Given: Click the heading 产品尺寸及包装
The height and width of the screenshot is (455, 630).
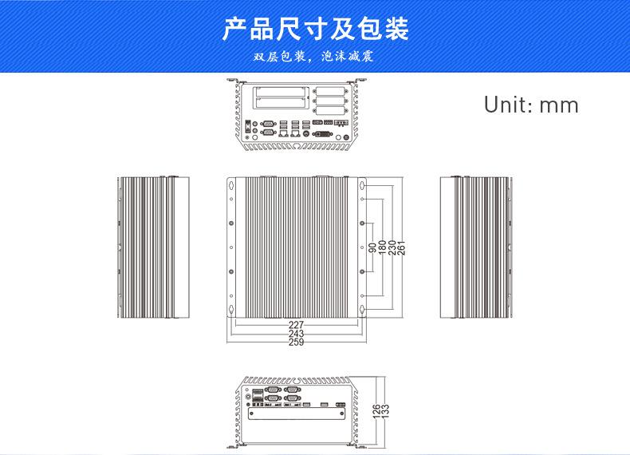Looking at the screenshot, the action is pyautogui.click(x=315, y=30).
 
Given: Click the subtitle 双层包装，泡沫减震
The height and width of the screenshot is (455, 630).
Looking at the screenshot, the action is pyautogui.click(x=314, y=57).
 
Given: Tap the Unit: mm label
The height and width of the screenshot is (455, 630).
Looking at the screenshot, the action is pyautogui.click(x=531, y=105).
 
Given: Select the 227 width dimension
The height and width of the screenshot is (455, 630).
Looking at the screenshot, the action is pyautogui.click(x=296, y=325).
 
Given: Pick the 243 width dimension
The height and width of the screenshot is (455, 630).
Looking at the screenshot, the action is pyautogui.click(x=296, y=334).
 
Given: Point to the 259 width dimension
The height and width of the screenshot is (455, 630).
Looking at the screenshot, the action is pyautogui.click(x=296, y=342).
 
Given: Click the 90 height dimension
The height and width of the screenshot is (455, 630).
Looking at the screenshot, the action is pyautogui.click(x=372, y=247).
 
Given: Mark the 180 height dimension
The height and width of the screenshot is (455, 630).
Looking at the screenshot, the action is pyautogui.click(x=382, y=247).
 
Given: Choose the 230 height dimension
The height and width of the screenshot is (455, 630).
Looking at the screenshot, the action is pyautogui.click(x=392, y=247).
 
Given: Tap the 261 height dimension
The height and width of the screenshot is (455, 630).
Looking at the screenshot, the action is pyautogui.click(x=401, y=247).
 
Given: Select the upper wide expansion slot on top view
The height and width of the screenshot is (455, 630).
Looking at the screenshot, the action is pyautogui.click(x=281, y=92).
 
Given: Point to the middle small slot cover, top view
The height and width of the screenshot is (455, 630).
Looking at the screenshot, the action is pyautogui.click(x=330, y=101).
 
